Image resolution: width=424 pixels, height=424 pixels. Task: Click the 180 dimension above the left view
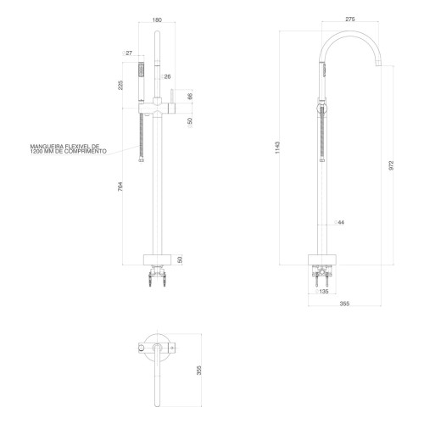tap(157, 20)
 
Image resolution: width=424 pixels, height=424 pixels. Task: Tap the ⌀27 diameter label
tap(127, 53)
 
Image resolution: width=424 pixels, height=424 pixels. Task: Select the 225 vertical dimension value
tap(120, 85)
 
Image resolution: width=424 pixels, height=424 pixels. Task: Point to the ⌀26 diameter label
tap(165, 76)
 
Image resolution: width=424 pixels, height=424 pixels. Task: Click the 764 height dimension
tap(120, 187)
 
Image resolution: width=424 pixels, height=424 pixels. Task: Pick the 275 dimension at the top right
tap(350, 20)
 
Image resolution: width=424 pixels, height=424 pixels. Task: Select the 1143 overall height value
tap(277, 148)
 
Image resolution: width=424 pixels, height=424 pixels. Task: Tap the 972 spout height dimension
tap(391, 165)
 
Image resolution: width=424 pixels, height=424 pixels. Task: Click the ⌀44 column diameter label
tap(339, 222)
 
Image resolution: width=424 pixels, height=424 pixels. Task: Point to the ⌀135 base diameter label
tap(322, 292)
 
